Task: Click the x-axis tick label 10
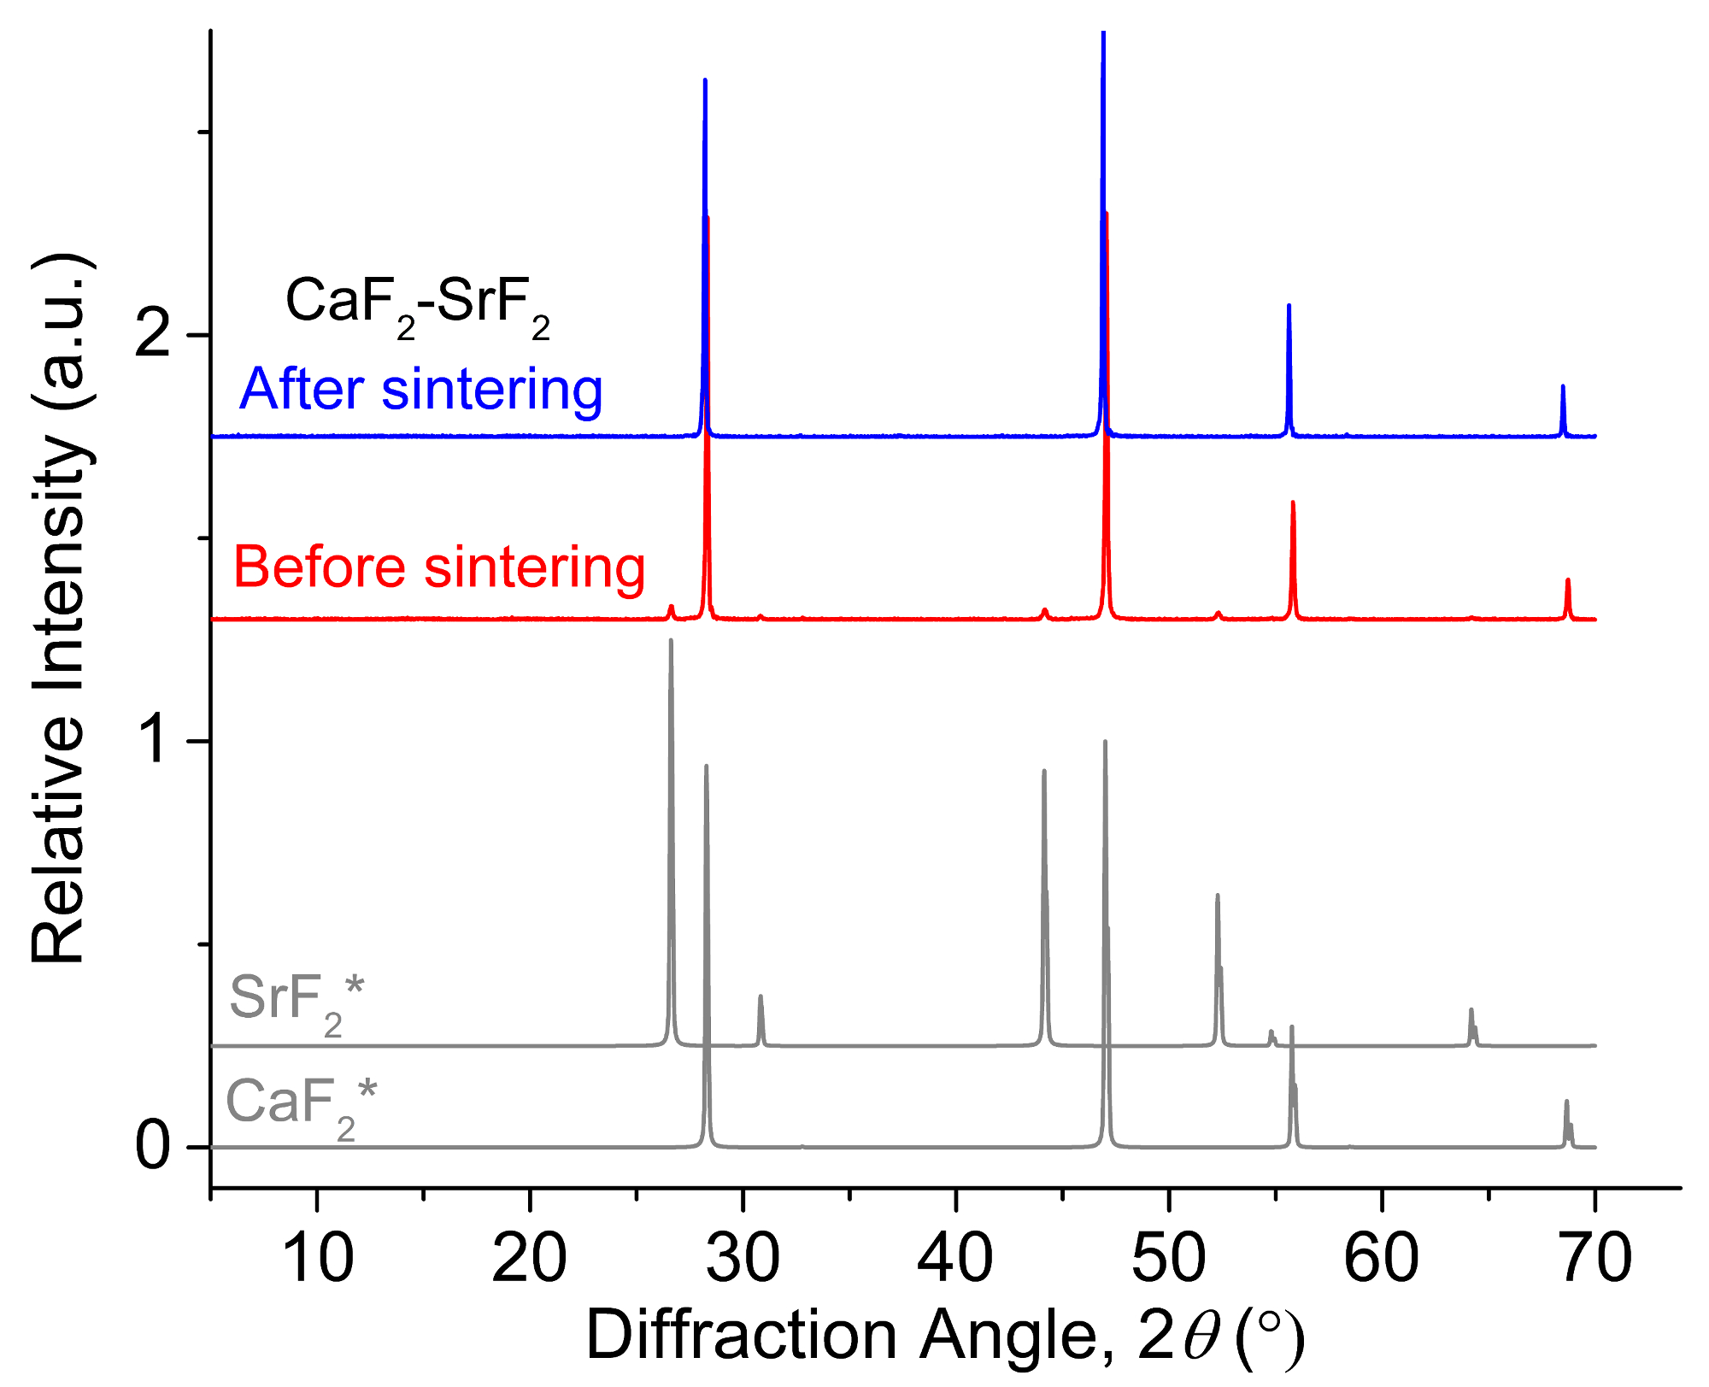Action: (x=317, y=1259)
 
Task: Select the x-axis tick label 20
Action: (x=530, y=1259)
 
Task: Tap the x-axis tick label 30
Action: (x=743, y=1259)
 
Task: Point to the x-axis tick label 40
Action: (x=955, y=1259)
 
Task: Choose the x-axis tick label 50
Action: (x=1169, y=1259)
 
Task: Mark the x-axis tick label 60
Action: (x=1382, y=1259)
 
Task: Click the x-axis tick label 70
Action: (x=1594, y=1259)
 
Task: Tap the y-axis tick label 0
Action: (x=154, y=1146)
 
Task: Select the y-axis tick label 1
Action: (x=156, y=740)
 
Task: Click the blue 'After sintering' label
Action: (x=420, y=391)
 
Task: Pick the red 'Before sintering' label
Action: (x=439, y=567)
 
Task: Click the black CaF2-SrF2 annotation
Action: (x=417, y=306)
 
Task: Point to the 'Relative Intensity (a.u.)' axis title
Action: (x=60, y=608)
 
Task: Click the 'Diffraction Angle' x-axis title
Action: (x=944, y=1336)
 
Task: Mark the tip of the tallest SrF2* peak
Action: (x=671, y=640)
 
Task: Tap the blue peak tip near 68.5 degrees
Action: (x=1563, y=386)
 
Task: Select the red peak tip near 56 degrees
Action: (x=1293, y=502)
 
